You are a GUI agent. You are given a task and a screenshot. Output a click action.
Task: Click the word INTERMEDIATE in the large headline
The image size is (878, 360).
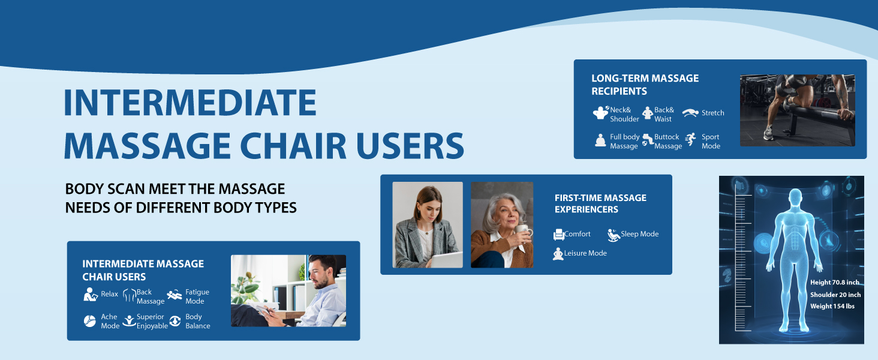click(190, 103)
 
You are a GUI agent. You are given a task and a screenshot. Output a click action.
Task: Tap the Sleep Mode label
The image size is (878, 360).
click(640, 234)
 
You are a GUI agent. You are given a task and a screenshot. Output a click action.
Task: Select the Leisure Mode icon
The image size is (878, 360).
click(558, 254)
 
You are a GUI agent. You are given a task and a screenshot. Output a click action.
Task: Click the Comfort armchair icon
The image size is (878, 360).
click(558, 235)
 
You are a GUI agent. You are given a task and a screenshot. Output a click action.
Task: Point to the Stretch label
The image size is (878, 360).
click(712, 113)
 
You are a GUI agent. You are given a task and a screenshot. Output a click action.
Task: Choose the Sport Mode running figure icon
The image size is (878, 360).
click(690, 139)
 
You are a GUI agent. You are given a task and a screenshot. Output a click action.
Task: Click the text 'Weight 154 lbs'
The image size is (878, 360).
click(832, 306)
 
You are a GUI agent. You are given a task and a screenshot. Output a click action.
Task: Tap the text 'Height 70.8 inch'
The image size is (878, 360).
click(834, 283)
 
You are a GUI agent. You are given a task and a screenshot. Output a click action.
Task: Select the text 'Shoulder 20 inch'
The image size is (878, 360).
click(835, 295)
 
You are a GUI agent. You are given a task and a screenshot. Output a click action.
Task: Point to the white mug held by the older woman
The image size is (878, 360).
click(524, 232)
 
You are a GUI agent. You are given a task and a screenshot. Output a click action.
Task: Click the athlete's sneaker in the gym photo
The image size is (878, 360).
click(768, 133)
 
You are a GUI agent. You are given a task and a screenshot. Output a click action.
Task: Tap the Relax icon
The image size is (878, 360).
click(90, 295)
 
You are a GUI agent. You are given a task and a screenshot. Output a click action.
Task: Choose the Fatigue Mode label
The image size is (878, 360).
click(197, 296)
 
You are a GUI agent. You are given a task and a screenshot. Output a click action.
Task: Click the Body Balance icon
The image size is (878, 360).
click(175, 321)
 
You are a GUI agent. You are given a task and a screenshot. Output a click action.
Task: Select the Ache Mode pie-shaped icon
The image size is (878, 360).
click(90, 321)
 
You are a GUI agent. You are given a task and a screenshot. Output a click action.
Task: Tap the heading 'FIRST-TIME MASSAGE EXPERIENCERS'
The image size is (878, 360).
click(600, 203)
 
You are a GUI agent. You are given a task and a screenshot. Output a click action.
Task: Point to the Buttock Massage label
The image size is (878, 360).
click(668, 142)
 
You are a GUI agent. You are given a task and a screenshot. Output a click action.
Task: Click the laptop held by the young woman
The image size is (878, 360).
click(446, 260)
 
